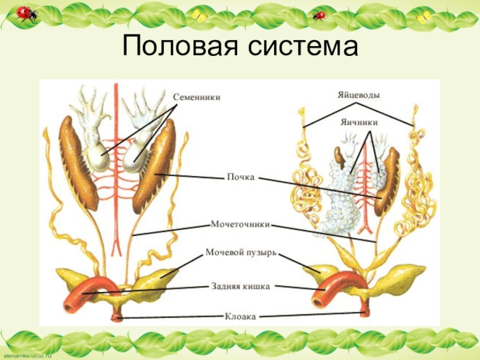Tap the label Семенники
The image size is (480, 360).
tap(197, 96)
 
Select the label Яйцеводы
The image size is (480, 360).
tap(358, 95)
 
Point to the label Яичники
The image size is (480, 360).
tap(359, 121)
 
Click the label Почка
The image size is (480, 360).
tap(241, 178)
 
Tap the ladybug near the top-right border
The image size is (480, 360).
tap(319, 15)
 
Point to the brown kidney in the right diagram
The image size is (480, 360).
tap(388, 183)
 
